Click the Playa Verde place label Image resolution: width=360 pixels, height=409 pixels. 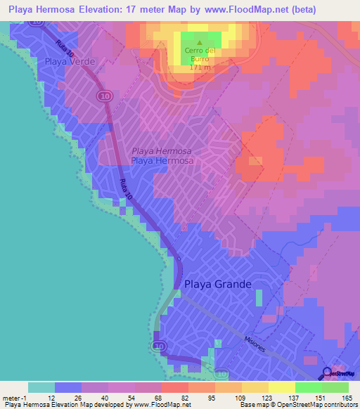pyautogui.click(x=70, y=62)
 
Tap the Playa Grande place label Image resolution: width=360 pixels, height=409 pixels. pyautogui.click(x=217, y=285)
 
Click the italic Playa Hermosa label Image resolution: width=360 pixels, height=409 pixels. pyautogui.click(x=162, y=150)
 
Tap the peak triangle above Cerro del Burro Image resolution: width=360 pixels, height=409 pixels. pyautogui.click(x=199, y=42)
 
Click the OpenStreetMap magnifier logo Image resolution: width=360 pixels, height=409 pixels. pyautogui.click(x=326, y=374)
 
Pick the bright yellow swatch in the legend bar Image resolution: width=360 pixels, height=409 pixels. pyautogui.click(x=282, y=387)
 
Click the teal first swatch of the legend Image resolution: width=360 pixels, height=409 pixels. pyautogui.click(x=41, y=387)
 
